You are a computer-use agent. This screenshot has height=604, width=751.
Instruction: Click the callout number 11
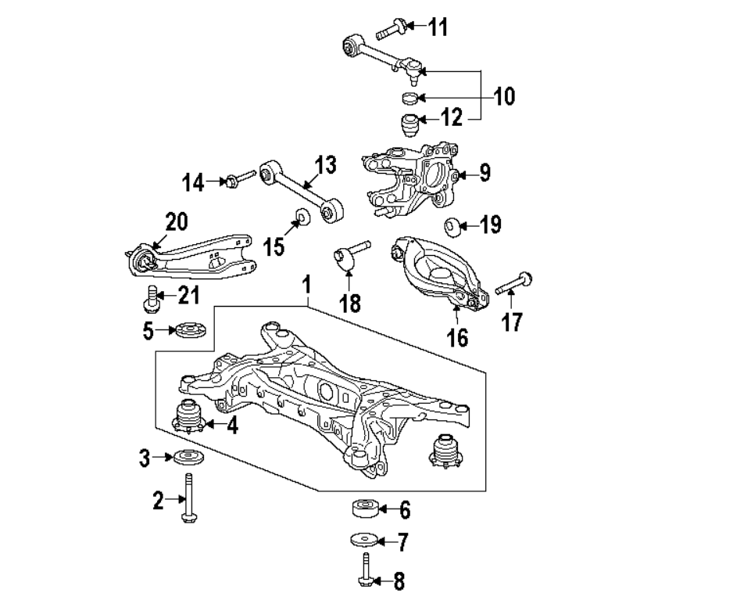[438, 27]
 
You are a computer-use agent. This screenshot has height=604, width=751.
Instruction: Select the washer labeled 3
[186, 458]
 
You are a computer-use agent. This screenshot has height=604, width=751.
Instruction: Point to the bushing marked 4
[189, 418]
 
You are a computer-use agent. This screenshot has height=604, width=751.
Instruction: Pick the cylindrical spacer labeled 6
[365, 509]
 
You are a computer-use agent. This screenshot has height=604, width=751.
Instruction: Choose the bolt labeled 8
[365, 570]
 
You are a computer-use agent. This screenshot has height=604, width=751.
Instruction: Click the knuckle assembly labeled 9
[410, 176]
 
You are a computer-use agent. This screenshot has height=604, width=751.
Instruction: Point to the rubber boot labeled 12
[406, 124]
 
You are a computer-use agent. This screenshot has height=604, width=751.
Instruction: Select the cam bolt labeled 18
[348, 256]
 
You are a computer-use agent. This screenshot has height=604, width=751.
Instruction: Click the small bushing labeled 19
[451, 226]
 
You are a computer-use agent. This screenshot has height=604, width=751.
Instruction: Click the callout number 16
[457, 337]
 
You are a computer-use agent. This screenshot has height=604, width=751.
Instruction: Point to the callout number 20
[177, 221]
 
